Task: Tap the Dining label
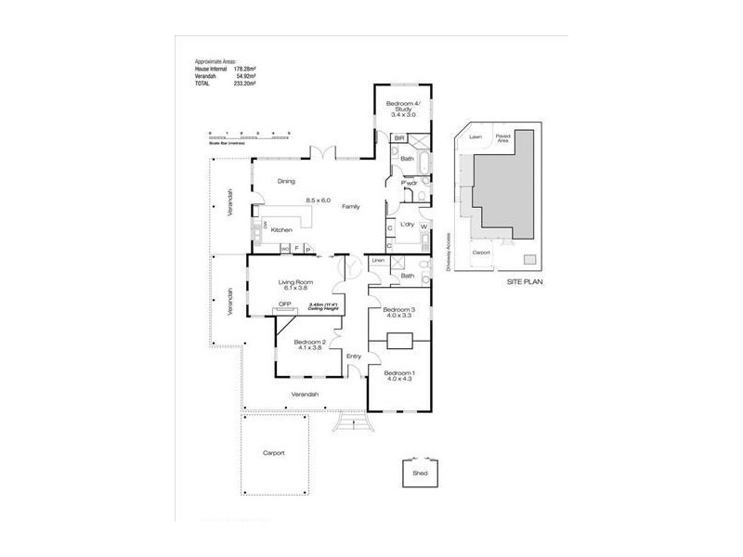(x=286, y=182)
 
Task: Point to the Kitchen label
(x=282, y=229)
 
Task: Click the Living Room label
(x=295, y=282)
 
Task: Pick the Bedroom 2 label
(x=308, y=342)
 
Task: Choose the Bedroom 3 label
(x=398, y=309)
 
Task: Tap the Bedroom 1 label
(x=399, y=373)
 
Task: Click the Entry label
(x=353, y=356)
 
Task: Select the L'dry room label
(x=406, y=226)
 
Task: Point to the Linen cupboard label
(x=378, y=262)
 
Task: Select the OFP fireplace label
(x=286, y=303)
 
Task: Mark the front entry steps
(x=352, y=422)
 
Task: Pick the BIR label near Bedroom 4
(x=398, y=138)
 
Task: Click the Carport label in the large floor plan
(x=273, y=452)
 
